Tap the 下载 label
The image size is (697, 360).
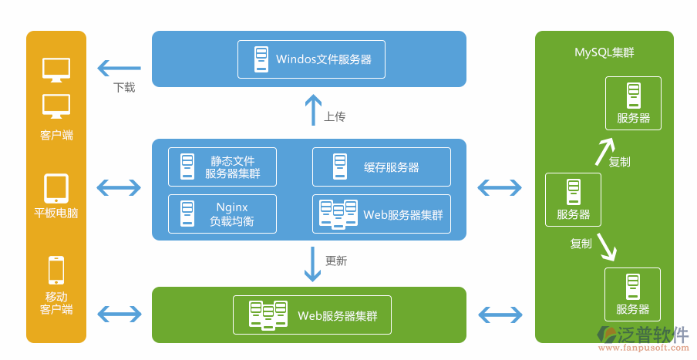(124, 88)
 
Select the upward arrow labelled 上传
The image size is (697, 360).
(312, 109)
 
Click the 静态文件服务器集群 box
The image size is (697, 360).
(222, 167)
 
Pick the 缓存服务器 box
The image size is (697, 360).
(381, 167)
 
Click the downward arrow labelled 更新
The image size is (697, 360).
(312, 264)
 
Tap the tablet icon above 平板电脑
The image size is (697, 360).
(56, 187)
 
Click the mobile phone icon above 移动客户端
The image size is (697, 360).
(56, 270)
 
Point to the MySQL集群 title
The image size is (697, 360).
(604, 52)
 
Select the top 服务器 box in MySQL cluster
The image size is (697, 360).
(632, 103)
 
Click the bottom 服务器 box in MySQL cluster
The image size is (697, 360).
(632, 294)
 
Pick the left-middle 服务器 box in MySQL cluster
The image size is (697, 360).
(573, 199)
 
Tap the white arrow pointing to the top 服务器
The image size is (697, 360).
(604, 151)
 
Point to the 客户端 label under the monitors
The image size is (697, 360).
(56, 136)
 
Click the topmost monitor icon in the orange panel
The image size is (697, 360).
(56, 69)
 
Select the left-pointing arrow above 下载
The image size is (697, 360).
(119, 68)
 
